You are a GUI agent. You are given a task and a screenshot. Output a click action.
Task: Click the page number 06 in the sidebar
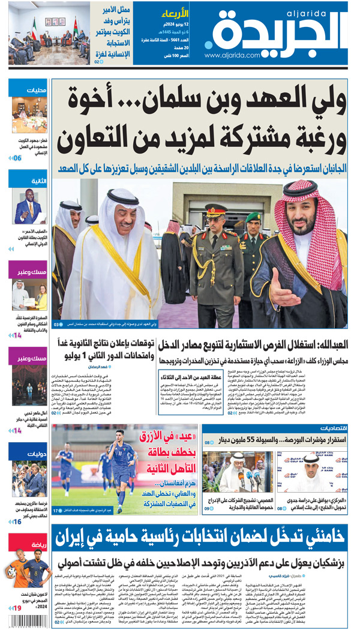click(17, 158)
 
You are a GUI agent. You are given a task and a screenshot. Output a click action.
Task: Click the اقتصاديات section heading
click(324, 428)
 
